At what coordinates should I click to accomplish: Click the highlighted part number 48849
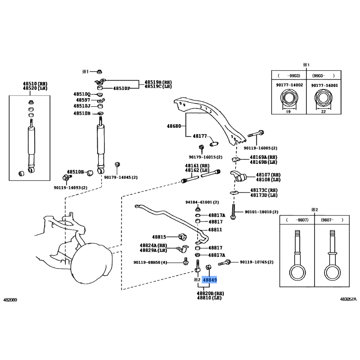pos(210,280)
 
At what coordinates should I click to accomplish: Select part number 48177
pos(200,136)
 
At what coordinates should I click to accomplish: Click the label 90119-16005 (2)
pos(261,148)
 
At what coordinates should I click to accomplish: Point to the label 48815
pos(159,236)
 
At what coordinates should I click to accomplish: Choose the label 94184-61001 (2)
pos(202,202)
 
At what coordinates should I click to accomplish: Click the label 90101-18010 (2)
pos(261,212)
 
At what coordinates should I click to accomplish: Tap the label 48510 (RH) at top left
pos(35,84)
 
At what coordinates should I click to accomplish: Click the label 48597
pos(83,100)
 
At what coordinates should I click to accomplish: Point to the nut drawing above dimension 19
pos(288,99)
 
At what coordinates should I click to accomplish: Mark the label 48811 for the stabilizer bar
pos(215,229)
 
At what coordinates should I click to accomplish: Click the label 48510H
pos(76,172)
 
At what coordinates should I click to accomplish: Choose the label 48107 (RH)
pos(268,175)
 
